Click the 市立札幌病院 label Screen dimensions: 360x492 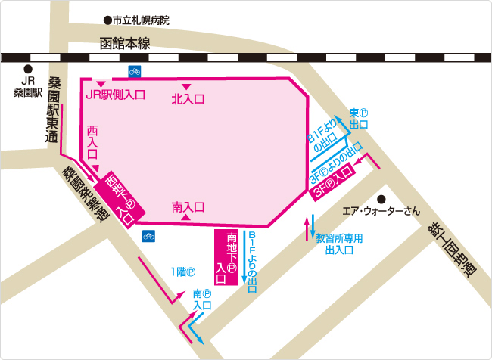point(142,20)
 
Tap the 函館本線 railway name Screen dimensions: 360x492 point(125,44)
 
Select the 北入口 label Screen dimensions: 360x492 point(188,98)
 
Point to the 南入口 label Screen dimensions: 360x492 point(188,206)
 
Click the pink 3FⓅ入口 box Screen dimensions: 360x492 point(333,182)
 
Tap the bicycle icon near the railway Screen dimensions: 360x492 point(134,72)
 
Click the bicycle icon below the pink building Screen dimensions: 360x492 point(148,236)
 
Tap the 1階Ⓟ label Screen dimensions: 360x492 point(183,272)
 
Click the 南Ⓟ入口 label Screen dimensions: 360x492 point(201,299)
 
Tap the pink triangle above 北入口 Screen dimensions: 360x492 point(186,86)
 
